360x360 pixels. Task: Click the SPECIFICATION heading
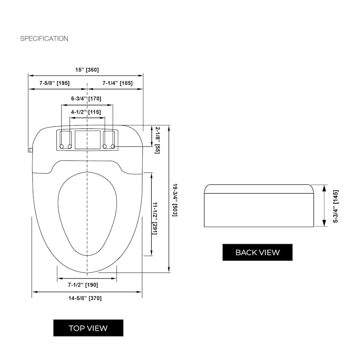(44, 38)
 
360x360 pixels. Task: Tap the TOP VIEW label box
(88, 328)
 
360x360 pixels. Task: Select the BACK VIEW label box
(257, 252)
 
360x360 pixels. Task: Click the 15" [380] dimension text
(87, 70)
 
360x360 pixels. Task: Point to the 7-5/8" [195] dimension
(54, 83)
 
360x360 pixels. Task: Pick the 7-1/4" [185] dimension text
(118, 83)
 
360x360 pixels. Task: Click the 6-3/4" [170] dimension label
(86, 98)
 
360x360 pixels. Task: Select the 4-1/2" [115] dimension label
(86, 112)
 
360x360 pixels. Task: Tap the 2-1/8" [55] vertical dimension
(157, 140)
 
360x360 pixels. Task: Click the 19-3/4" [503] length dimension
(175, 200)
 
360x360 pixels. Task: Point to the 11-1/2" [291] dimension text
(155, 218)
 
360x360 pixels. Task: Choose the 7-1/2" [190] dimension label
(83, 285)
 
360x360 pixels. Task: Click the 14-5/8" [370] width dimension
(85, 298)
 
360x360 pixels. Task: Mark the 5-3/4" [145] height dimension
(336, 206)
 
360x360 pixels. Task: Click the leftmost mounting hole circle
(62, 146)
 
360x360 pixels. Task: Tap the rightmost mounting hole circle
(113, 146)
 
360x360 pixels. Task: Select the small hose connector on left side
(30, 150)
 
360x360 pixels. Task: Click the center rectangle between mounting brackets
(88, 140)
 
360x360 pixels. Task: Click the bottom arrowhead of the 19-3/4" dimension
(169, 269)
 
